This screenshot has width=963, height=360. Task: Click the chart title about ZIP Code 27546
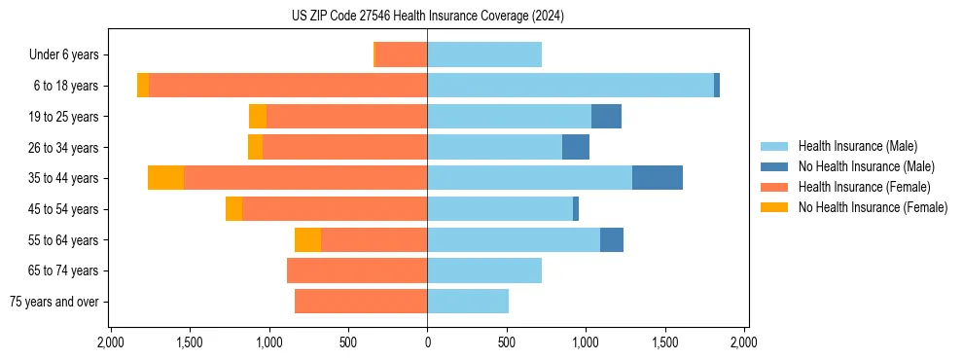[x=427, y=16]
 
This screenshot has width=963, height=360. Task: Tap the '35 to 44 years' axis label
[x=63, y=179]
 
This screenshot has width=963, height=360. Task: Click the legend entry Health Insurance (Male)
[x=857, y=146]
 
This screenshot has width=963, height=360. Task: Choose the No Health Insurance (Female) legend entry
[x=873, y=207]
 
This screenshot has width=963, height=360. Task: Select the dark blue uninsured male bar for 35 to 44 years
[x=658, y=178]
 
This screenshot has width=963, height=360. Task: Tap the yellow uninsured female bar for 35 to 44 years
[x=165, y=178]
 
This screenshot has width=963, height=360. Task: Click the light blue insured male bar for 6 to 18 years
[x=570, y=86]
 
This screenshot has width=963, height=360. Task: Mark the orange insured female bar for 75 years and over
[x=361, y=302]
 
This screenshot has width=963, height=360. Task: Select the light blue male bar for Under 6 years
[x=484, y=55]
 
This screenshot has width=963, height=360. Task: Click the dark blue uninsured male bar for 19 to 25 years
[x=606, y=117]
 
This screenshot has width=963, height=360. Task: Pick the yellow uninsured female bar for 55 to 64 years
[x=307, y=240]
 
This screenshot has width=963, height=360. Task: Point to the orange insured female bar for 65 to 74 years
[x=357, y=270]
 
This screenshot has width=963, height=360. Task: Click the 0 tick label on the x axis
[x=427, y=342]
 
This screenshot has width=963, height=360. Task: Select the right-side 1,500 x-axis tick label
[x=664, y=342]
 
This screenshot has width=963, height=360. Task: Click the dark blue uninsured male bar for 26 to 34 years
[x=576, y=148]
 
